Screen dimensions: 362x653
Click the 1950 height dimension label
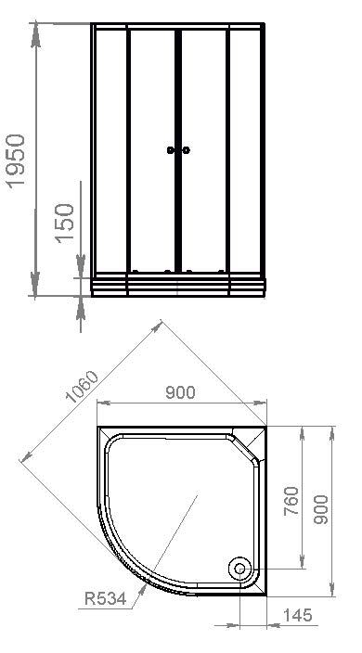point(17,161)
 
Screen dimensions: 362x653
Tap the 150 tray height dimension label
point(65,224)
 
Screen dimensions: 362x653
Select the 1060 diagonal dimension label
point(82,387)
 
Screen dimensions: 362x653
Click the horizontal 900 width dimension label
point(180,392)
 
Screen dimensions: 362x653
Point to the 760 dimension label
point(291,501)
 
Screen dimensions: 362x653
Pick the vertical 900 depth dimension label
point(320,509)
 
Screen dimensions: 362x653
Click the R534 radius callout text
point(105,599)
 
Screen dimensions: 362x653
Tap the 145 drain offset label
point(297,615)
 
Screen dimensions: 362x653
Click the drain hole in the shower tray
point(239,569)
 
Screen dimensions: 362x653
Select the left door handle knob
point(171,150)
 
